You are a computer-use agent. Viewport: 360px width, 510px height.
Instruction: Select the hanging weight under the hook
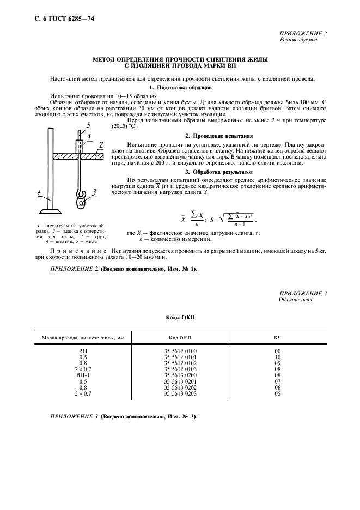(82, 202)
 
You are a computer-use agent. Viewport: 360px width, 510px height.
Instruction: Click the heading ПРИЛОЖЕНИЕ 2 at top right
(303, 34)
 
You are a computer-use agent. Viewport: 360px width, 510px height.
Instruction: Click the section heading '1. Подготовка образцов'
(180, 87)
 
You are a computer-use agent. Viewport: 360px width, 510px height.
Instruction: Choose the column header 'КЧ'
(277, 338)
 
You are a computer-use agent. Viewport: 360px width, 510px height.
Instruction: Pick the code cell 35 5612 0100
(180, 351)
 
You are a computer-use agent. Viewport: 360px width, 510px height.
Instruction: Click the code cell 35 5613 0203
(180, 393)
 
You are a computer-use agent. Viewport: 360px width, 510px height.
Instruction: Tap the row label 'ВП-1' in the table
(82, 375)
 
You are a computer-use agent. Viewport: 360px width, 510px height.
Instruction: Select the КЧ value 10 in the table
(277, 357)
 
